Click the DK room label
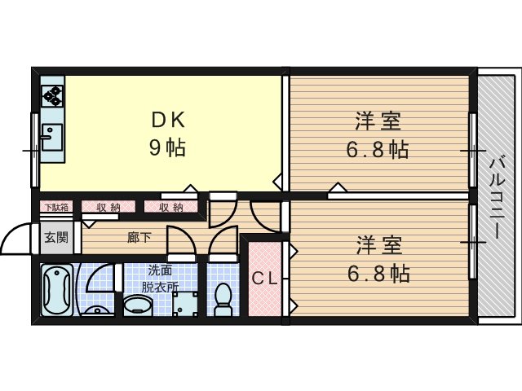[168, 120]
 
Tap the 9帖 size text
[167, 147]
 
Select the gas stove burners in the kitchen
[52, 96]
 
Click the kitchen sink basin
[52, 137]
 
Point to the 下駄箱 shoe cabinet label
[57, 207]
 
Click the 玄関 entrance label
[56, 237]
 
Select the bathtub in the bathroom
[57, 290]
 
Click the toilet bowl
[223, 299]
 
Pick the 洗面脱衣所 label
[160, 279]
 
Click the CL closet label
[264, 279]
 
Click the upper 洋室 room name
[378, 121]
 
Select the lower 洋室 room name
[379, 246]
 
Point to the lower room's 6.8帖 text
[378, 274]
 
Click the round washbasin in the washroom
[138, 306]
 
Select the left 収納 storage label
[108, 208]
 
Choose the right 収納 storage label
[171, 208]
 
